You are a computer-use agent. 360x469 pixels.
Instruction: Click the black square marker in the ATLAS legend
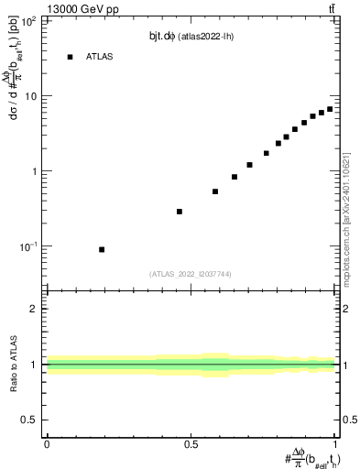[x=70, y=57]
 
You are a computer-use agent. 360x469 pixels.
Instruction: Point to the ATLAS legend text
[x=101, y=57]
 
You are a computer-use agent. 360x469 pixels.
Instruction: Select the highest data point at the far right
[x=330, y=109]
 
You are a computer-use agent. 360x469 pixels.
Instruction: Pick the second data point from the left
[x=180, y=212]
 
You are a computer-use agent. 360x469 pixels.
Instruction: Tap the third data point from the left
[x=215, y=191]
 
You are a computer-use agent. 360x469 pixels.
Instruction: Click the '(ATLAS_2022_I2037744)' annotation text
[x=191, y=273]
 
